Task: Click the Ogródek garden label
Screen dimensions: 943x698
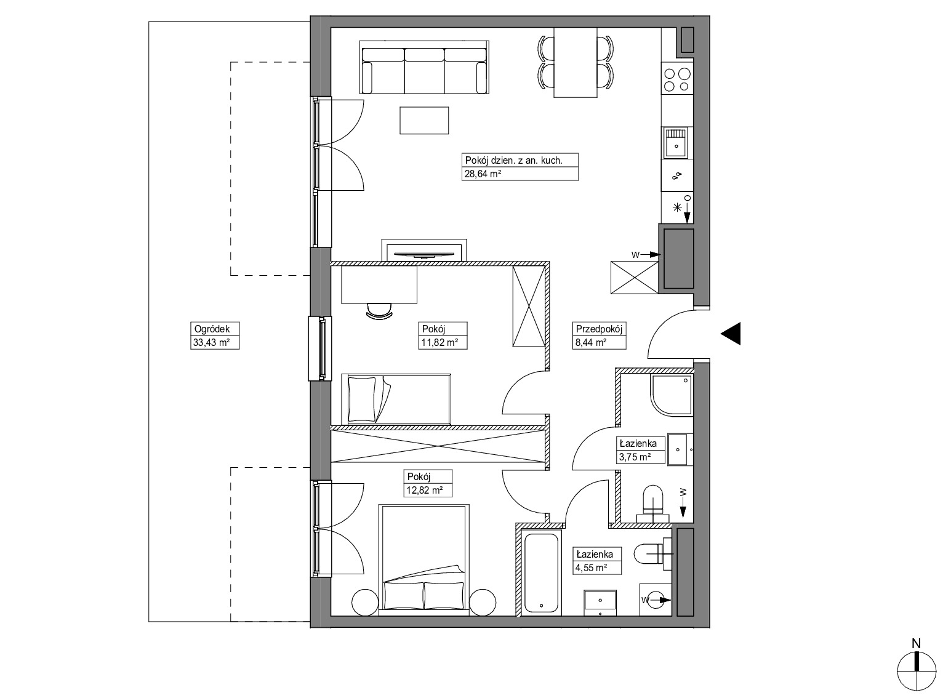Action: click(212, 329)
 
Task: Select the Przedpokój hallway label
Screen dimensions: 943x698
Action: click(599, 329)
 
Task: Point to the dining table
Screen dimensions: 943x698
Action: click(576, 62)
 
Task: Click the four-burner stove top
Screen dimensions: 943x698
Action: click(677, 79)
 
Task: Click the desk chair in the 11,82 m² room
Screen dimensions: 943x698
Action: click(379, 311)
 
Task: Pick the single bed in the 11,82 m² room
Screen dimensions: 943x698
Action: click(396, 399)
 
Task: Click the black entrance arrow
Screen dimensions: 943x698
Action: click(731, 334)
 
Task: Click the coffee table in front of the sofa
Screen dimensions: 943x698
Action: click(424, 121)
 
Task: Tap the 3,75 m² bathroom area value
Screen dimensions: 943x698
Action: click(635, 457)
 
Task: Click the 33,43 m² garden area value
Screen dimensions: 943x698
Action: click(211, 342)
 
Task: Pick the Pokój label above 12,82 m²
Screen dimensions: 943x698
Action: click(419, 476)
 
